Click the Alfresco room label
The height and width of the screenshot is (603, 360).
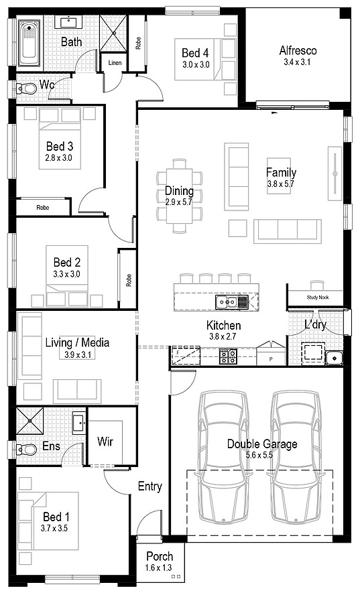tap(298, 50)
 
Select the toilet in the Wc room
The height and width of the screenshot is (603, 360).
tap(25, 89)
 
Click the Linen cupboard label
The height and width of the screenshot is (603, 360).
tap(115, 63)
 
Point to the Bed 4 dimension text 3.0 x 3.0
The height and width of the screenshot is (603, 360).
tap(196, 64)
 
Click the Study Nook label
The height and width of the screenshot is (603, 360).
tap(318, 297)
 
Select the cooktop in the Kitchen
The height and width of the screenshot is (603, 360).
tap(228, 356)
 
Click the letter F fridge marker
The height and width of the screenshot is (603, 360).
tap(178, 352)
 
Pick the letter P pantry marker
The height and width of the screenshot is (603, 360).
tap(271, 360)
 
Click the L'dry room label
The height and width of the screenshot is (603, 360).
tap(315, 325)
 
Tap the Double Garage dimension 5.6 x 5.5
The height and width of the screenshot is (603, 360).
tap(259, 456)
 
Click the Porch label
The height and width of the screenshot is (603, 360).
tap(160, 556)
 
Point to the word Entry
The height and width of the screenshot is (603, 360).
tap(149, 486)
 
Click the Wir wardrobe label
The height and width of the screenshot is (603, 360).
tap(105, 441)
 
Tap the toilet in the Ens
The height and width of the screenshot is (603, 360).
tap(26, 448)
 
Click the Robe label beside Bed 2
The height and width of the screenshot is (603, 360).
tap(129, 279)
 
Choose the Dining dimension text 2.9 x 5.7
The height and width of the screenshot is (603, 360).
tap(179, 202)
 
